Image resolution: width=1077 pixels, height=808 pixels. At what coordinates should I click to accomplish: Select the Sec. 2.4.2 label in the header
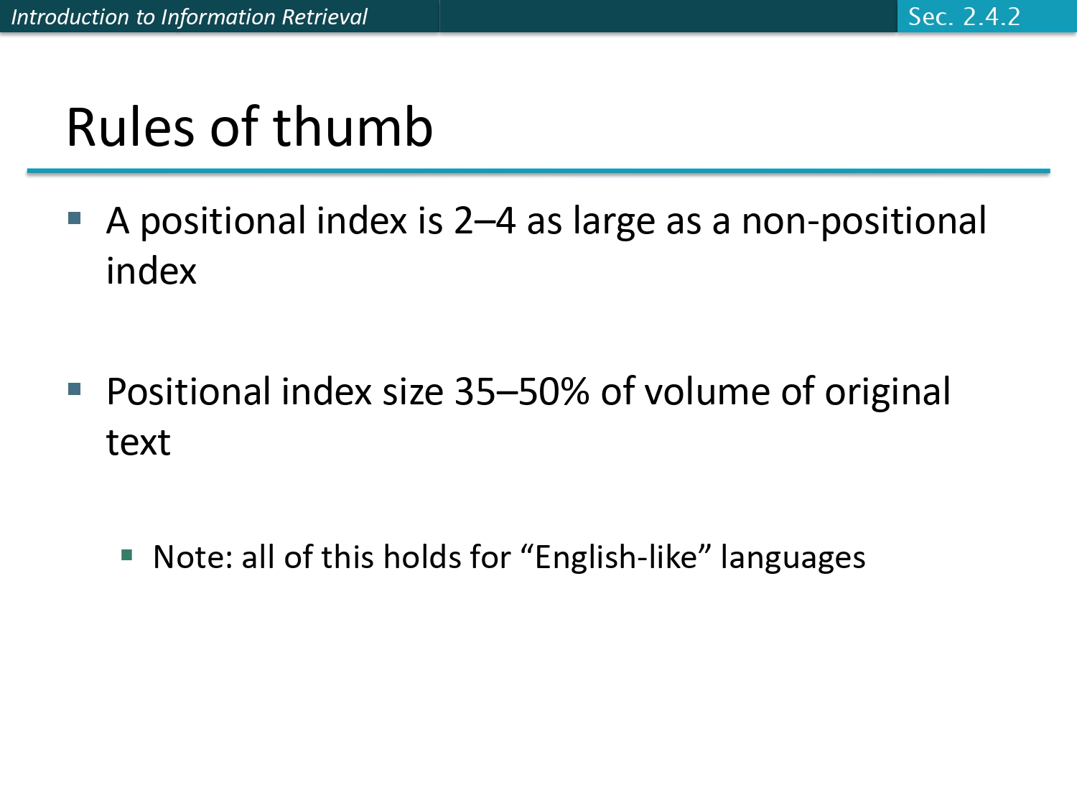[x=964, y=17]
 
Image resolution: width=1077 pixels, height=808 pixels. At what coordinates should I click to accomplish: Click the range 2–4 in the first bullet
[x=485, y=220]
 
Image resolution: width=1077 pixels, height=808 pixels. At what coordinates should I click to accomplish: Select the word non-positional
[x=864, y=222]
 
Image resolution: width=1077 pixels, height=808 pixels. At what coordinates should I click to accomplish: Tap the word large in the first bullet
[x=615, y=222]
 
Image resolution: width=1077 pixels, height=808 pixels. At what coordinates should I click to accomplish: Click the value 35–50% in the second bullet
[x=522, y=392]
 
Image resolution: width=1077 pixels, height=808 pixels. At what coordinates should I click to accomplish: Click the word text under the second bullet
[x=139, y=442]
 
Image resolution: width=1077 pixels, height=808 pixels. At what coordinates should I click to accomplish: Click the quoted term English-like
[x=616, y=557]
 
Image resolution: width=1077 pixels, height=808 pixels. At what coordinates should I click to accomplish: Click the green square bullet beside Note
[x=127, y=554]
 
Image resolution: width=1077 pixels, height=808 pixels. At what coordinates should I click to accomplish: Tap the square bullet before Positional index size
[x=75, y=389]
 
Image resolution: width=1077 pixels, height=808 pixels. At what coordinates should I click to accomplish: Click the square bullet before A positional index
[x=75, y=218]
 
